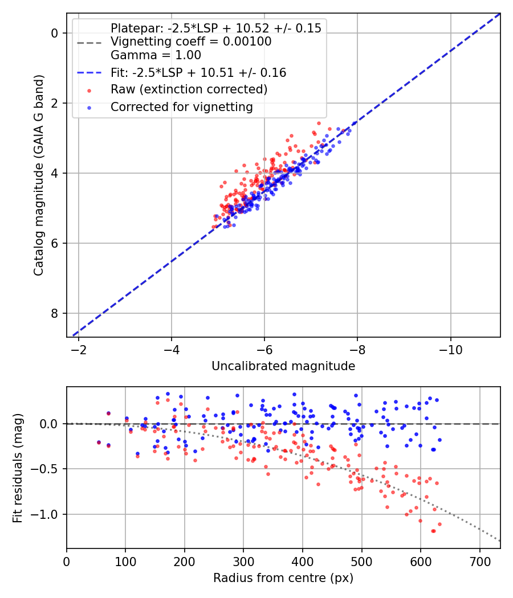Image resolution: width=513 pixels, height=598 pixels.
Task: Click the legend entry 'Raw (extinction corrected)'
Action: point(189,89)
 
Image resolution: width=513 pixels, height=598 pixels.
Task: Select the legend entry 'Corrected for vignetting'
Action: point(182,107)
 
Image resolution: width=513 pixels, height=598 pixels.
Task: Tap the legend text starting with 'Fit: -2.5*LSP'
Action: point(198,72)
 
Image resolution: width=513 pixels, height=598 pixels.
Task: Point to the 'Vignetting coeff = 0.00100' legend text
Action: point(191,41)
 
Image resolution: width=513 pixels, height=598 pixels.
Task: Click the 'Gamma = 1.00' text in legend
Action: point(156,55)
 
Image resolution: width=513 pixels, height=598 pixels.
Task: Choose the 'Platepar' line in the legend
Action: point(216,28)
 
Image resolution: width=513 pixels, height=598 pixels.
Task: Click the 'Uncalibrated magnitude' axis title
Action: point(283,366)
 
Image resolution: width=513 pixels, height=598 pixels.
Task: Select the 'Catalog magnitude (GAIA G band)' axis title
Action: point(39,175)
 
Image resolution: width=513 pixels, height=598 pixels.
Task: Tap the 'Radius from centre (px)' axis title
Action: point(283,578)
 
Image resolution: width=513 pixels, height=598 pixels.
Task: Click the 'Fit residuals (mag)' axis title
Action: point(18,468)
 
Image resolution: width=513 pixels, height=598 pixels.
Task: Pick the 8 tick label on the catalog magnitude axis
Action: point(55,313)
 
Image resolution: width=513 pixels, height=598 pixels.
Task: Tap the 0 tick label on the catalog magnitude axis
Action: point(55,33)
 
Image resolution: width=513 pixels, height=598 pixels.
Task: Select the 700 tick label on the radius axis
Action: point(479,562)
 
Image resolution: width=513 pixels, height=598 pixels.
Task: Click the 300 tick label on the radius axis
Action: point(243,562)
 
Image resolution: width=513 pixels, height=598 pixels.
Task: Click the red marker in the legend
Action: point(89,91)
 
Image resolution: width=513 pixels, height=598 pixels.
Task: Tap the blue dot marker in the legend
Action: point(89,108)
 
